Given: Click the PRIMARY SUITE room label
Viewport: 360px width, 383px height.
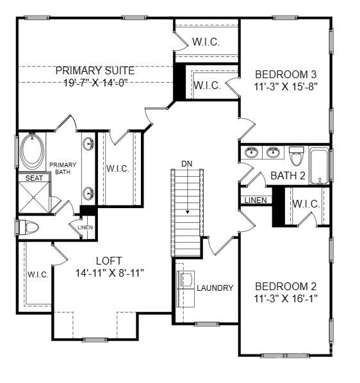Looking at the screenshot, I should tap(95, 70).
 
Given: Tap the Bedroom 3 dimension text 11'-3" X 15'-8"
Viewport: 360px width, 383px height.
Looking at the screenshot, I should tap(286, 85).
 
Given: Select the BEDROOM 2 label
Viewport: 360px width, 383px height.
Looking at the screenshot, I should tap(286, 286).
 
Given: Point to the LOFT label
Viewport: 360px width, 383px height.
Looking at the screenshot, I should tap(109, 261).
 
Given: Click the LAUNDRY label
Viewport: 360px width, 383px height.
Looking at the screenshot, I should tap(215, 288).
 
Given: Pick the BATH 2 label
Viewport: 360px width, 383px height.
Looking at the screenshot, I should tap(287, 175).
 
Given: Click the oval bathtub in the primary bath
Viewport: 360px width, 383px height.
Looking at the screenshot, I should tap(32, 151).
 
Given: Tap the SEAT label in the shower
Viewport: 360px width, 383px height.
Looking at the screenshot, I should tap(34, 178).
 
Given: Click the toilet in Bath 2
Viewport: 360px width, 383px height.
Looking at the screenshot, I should tap(296, 156).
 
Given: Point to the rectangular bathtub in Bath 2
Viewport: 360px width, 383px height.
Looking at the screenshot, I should tap(318, 165).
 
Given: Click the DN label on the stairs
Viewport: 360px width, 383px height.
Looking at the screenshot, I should tap(186, 164).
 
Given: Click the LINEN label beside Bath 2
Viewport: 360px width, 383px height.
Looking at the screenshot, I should tap(256, 200).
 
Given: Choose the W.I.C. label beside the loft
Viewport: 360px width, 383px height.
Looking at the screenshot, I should tap(38, 274).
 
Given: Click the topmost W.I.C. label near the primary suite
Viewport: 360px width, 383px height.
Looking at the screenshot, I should tap(206, 42).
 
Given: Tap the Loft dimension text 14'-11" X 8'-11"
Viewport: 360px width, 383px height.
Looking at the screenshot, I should tap(109, 272).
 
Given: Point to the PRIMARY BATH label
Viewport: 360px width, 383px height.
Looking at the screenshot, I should tap(63, 168).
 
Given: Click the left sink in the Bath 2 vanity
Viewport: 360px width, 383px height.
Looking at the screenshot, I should tap(252, 152).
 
